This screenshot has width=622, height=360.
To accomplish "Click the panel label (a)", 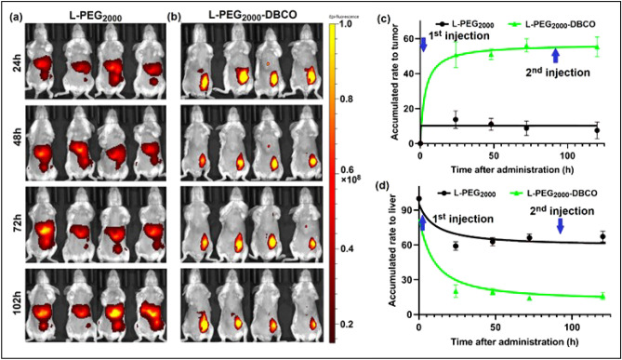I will pos(15,18).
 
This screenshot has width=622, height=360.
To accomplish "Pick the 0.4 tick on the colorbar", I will pos(356,249).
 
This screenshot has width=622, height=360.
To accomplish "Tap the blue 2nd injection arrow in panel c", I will pos(556,57).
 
